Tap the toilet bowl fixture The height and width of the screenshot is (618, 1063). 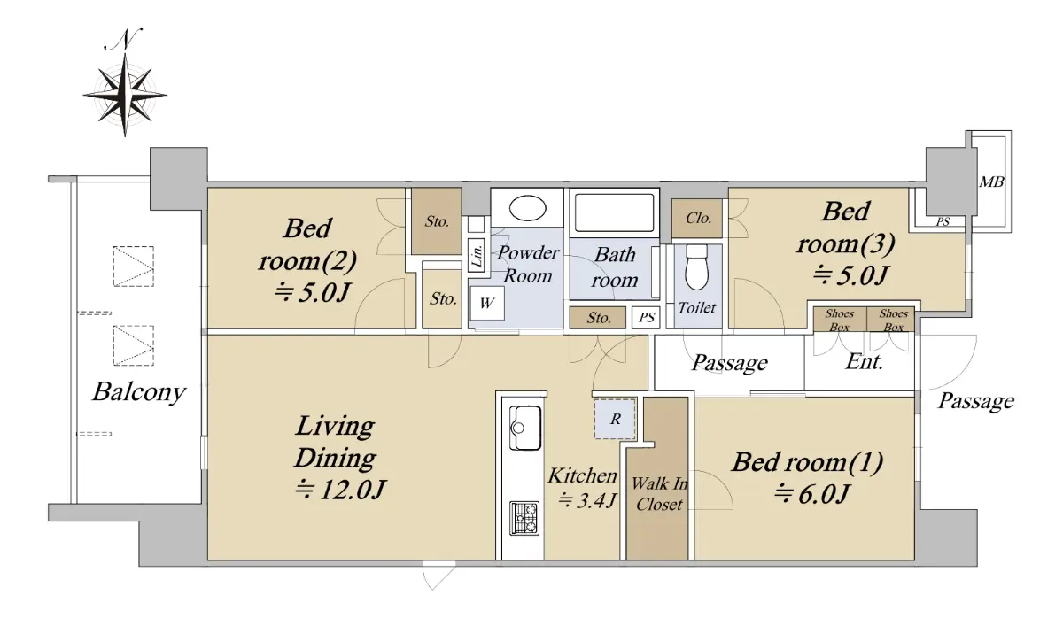pos(696,267)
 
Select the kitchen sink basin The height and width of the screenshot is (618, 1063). pos(524,428)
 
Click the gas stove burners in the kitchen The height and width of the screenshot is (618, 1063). pos(524,519)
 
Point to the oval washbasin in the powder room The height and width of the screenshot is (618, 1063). pos(527,208)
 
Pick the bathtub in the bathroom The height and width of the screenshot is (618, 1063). pos(614,212)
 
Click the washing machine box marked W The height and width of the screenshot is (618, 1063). pos(487,303)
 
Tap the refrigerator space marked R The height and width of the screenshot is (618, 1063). pos(615,419)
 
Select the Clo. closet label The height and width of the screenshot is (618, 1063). pos(698,218)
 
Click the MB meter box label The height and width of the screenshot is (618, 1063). pos(991,182)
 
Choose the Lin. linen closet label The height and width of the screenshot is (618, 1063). pos(477,254)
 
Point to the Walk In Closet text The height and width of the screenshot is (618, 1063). pos(660,494)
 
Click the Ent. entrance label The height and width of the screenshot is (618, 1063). pos(864,362)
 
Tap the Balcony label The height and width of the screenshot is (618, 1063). pos(138,392)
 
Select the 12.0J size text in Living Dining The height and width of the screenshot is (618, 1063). pos(340,490)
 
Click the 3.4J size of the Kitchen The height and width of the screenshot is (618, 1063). pos(587,500)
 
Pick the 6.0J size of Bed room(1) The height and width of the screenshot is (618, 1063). pos(811,494)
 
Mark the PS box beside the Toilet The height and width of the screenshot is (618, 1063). pos(647,317)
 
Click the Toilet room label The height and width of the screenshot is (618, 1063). pos(696,308)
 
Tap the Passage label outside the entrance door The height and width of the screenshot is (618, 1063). pos(975,401)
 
